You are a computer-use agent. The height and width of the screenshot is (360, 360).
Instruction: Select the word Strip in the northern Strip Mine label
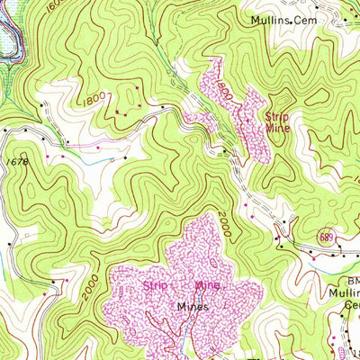(x=276, y=115)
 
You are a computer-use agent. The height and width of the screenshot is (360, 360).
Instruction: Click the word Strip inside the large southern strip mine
(x=155, y=286)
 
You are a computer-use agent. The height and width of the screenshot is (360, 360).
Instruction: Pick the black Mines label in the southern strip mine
(x=192, y=306)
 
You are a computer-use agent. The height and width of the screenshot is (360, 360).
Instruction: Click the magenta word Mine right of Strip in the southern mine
(x=209, y=286)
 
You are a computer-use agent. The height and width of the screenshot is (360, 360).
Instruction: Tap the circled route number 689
(x=328, y=237)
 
